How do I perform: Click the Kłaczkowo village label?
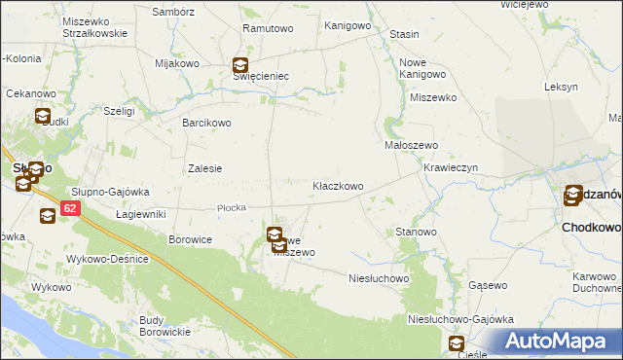tap(338, 185)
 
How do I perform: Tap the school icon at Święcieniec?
tap(240, 67)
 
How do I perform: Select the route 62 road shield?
tap(69, 208)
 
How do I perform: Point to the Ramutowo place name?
tap(268, 28)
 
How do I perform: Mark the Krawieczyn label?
tap(450, 166)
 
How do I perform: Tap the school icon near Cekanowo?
tap(43, 117)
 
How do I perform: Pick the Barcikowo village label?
tap(207, 123)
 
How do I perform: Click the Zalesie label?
tap(204, 167)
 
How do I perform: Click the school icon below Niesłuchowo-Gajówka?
tap(457, 343)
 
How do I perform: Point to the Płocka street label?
tap(232, 207)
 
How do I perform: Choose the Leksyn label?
tap(562, 87)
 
